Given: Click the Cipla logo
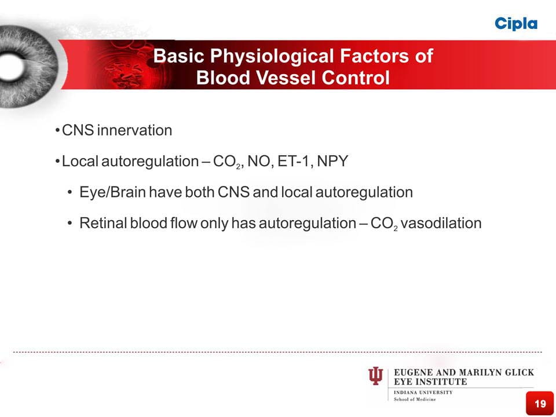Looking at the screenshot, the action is tap(516, 24).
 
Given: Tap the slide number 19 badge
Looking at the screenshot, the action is tap(540, 403).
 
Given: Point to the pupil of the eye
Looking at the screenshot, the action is tap(12, 67).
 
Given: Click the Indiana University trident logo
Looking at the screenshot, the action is tap(375, 376).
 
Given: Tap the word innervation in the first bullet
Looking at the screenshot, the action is tap(134, 130).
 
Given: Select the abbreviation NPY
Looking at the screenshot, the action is tap(332, 161).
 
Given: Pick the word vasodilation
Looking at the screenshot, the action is tap(441, 223).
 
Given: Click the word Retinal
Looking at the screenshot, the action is tap(103, 223).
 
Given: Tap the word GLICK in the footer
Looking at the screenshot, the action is tap(520, 372).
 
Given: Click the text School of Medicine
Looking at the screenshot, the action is tap(415, 399).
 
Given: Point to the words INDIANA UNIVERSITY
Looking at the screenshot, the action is tap(423, 393).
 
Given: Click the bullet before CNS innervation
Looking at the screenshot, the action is tap(57, 131).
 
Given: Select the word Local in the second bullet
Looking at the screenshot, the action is tap(80, 161).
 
